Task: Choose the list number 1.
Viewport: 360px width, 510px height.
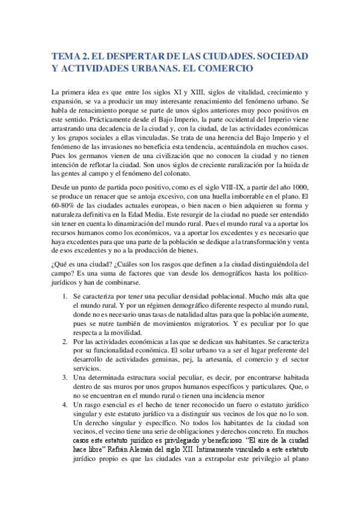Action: (66, 296)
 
